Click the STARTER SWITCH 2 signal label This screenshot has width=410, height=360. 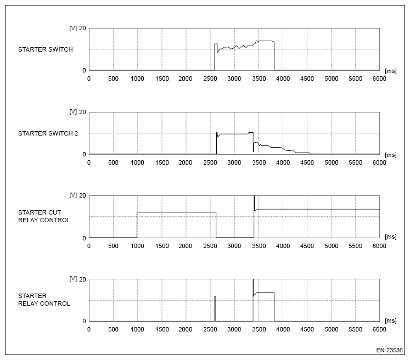[x=48, y=133]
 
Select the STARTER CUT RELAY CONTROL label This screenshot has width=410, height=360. [x=44, y=216]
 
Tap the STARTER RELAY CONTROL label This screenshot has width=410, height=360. [x=44, y=300]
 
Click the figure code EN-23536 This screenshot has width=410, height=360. [x=390, y=350]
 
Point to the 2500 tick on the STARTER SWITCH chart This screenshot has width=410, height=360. [x=210, y=78]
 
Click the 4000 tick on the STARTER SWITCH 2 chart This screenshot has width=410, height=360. [x=283, y=162]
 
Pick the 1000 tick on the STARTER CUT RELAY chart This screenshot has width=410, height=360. [x=137, y=246]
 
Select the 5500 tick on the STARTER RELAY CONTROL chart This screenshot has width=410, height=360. [x=355, y=329]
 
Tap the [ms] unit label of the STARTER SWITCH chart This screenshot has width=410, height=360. [x=390, y=71]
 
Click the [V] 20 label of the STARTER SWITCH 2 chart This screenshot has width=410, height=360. [x=76, y=112]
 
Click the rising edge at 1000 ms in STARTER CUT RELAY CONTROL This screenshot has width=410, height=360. [x=137, y=225]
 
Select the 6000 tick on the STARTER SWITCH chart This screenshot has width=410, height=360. [x=379, y=78]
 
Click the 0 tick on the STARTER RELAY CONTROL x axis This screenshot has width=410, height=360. [x=89, y=329]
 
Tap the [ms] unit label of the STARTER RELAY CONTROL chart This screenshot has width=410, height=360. [x=390, y=322]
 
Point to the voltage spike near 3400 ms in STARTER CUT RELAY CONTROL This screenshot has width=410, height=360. [x=254, y=202]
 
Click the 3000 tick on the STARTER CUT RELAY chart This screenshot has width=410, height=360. [x=234, y=246]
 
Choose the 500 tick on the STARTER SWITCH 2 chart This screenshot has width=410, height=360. [x=113, y=162]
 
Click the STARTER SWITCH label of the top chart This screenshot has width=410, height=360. [x=45, y=50]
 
